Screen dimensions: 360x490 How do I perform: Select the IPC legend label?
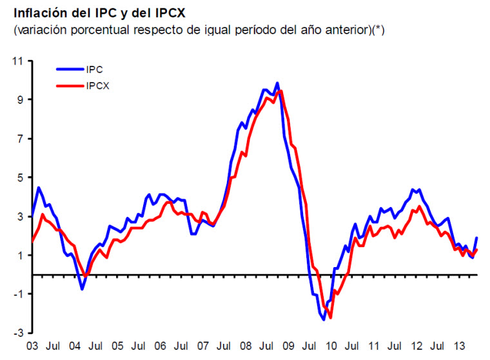coord(95,69)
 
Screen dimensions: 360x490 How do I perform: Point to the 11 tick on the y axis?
coord(17,61)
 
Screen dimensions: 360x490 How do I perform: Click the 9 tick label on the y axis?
coord(20,100)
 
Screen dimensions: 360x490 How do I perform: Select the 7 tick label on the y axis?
coord(20,139)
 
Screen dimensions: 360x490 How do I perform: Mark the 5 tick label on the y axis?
coord(20,177)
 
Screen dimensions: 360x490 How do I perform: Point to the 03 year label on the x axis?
coord(31,346)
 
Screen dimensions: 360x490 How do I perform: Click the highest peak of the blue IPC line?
coord(277,83)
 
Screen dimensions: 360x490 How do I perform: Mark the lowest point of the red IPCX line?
coord(331,317)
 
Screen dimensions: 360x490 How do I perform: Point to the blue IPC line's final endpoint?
coord(477,238)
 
